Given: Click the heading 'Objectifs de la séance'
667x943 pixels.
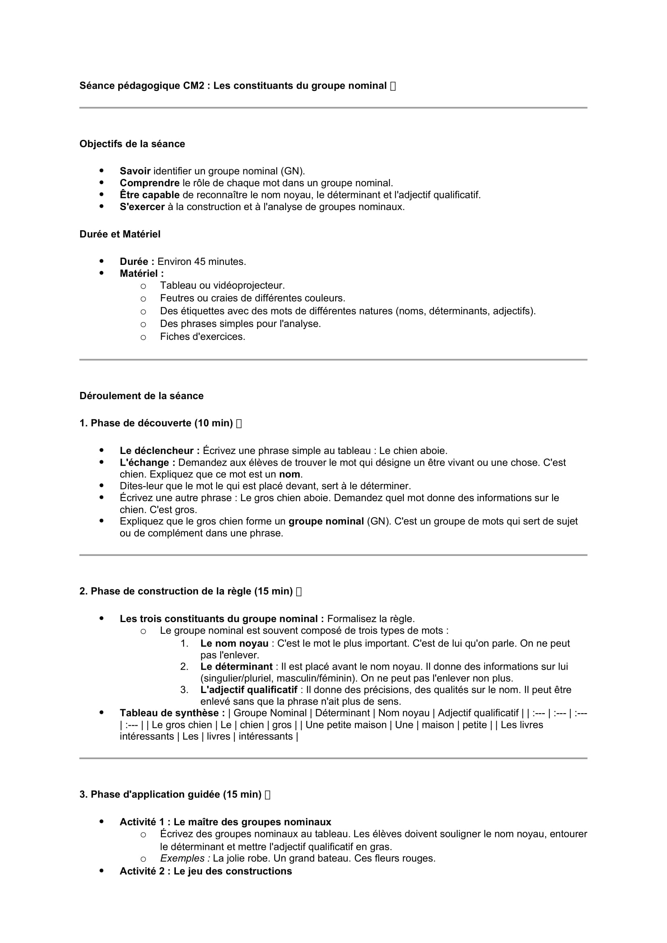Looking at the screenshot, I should pyautogui.click(x=132, y=144).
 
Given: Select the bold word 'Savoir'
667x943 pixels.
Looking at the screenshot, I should pyautogui.click(x=135, y=171).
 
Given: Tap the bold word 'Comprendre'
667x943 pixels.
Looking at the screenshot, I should pyautogui.click(x=150, y=183).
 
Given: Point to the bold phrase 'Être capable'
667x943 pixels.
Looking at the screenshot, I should pyautogui.click(x=150, y=195).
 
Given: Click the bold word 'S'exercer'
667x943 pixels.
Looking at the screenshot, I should pyautogui.click(x=142, y=206).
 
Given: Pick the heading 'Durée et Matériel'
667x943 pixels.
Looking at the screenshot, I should pyautogui.click(x=120, y=234).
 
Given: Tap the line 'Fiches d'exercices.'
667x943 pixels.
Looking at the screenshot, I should pyautogui.click(x=202, y=337).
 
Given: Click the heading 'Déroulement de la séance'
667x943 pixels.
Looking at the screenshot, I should pyautogui.click(x=141, y=396).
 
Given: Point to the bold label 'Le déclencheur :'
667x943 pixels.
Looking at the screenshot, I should pyautogui.click(x=160, y=451).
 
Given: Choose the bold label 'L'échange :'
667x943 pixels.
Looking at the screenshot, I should pyautogui.click(x=148, y=462).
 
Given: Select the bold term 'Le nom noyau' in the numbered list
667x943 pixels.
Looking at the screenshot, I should pyautogui.click(x=234, y=643).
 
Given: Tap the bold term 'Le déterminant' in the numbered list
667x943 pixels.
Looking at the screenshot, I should pyautogui.click(x=236, y=666).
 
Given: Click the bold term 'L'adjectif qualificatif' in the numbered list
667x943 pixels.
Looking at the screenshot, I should pyautogui.click(x=248, y=690).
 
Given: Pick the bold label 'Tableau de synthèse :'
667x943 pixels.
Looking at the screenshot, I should pyautogui.click(x=172, y=714).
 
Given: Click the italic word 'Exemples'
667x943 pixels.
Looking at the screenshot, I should pyautogui.click(x=185, y=858).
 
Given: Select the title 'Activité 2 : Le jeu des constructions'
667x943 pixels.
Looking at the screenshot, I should pyautogui.click(x=206, y=871).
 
